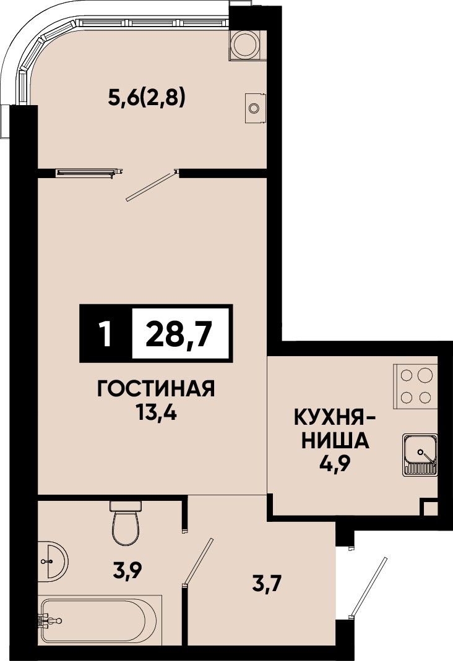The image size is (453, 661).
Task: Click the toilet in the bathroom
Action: click(x=125, y=522)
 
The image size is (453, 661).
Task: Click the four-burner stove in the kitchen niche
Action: click(x=415, y=386)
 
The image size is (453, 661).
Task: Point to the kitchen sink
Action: click(x=420, y=455)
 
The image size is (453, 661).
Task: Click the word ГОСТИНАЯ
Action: click(x=156, y=388)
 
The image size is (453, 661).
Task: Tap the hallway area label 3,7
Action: click(x=266, y=585)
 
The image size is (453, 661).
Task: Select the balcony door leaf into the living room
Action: click(x=152, y=186)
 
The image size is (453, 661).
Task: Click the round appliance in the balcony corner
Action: click(x=246, y=45)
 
